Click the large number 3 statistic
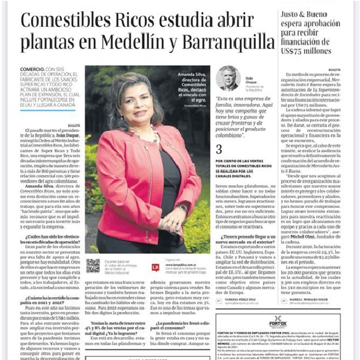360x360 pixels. [219, 149]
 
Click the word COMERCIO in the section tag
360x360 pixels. [32, 70]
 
